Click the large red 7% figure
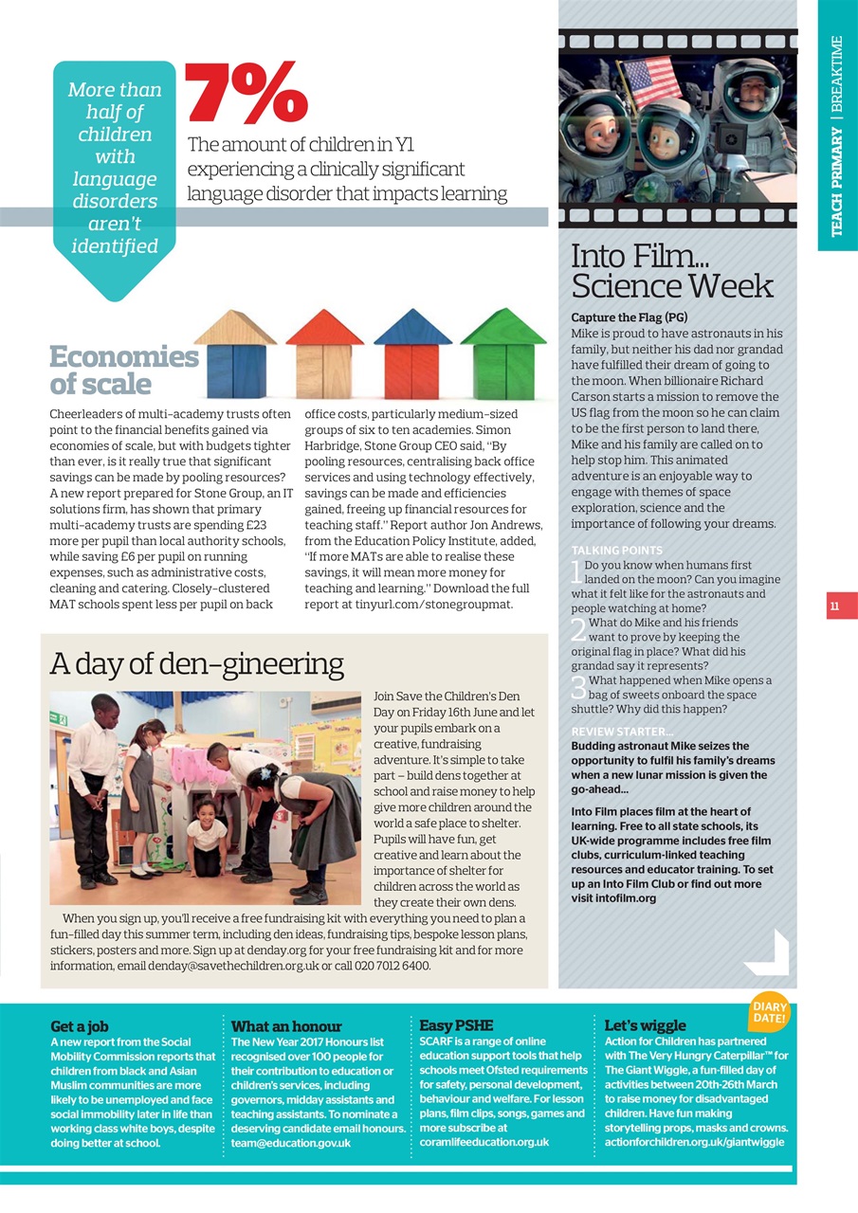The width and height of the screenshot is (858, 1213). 246,95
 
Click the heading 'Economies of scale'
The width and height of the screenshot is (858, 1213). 123,370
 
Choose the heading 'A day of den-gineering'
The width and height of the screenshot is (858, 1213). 197,663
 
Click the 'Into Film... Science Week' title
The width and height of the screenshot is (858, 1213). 672,271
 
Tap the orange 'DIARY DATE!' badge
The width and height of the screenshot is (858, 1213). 769,1012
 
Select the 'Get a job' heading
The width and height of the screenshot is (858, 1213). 80,1025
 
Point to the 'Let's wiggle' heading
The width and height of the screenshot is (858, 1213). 645,1025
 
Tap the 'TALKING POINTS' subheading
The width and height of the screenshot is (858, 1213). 617,550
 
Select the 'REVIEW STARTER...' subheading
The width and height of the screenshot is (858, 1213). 622,732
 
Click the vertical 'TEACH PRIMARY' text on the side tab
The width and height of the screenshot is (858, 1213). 837,180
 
